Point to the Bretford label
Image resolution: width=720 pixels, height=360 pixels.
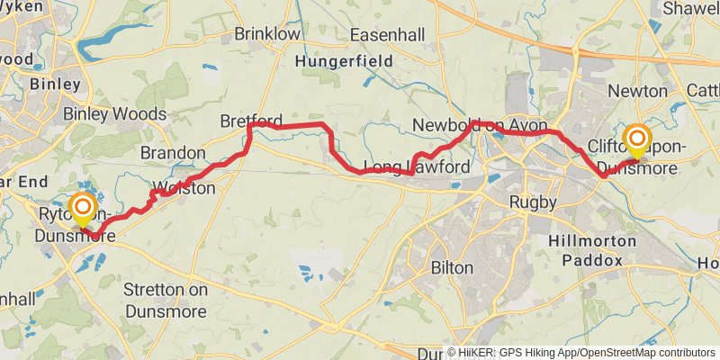[251, 121]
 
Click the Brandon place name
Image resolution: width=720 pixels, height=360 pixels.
[173, 152]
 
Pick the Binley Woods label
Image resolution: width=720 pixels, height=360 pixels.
[114, 114]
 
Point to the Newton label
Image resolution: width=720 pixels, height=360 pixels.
[637, 91]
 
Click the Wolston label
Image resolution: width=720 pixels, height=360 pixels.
[184, 188]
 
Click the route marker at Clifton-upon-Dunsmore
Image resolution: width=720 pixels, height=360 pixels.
[637, 138]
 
